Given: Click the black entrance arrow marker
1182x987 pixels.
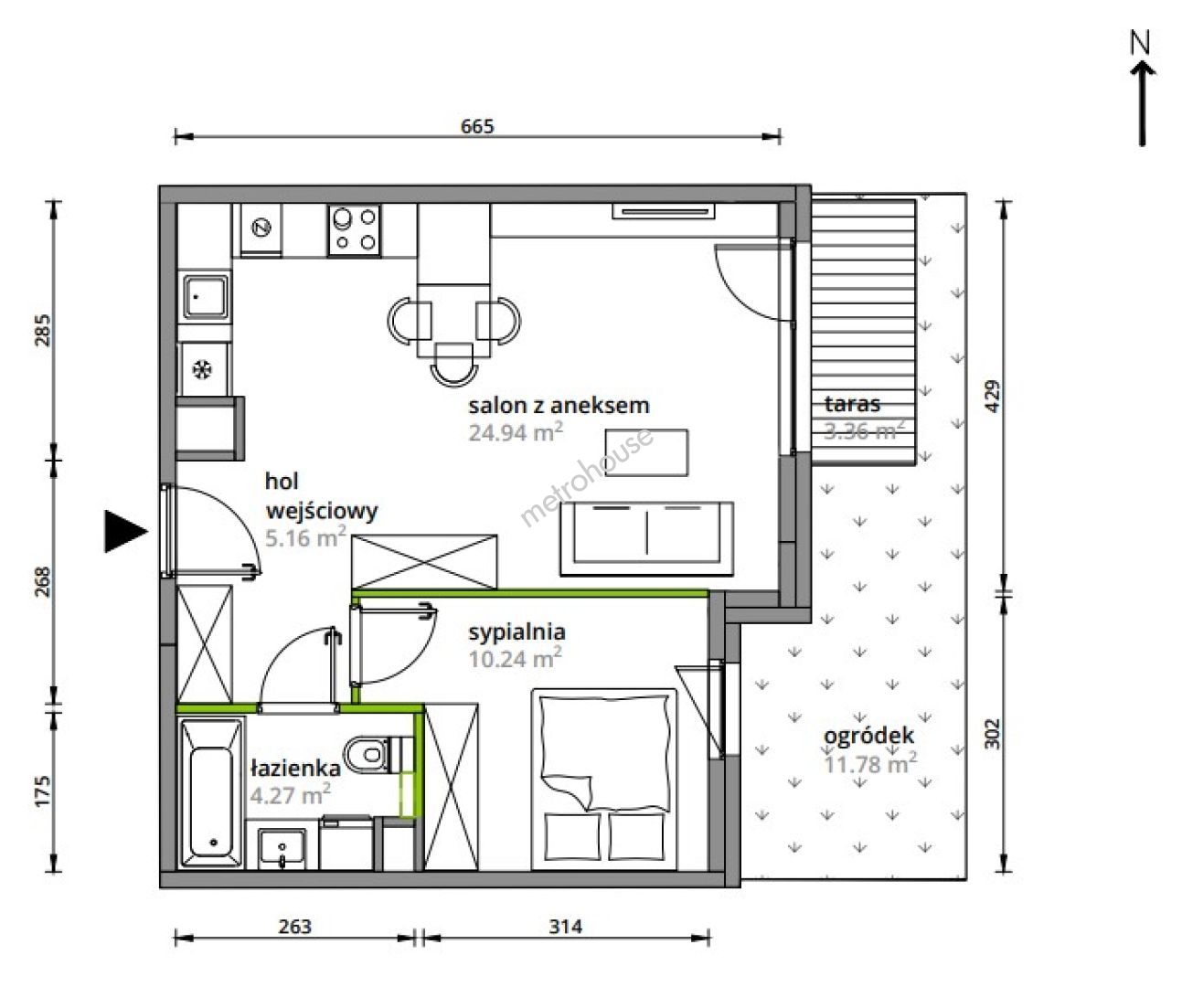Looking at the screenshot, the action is (x=125, y=531).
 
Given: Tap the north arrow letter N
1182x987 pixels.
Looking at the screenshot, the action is (x=1141, y=43).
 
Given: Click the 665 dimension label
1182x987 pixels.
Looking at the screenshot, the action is (x=477, y=126).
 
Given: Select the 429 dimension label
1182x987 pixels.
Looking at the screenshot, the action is (x=993, y=396).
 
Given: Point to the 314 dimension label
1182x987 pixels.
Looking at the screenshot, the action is (x=566, y=927).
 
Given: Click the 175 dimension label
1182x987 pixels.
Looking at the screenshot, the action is (x=42, y=791).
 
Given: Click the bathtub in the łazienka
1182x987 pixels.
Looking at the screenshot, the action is (x=211, y=792).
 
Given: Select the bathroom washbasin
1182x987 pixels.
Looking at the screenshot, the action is (x=282, y=848).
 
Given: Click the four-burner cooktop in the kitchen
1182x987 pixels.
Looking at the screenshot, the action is (x=355, y=230).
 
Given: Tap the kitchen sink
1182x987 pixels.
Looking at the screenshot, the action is (x=205, y=297).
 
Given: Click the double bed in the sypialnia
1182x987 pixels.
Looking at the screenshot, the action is (x=604, y=779).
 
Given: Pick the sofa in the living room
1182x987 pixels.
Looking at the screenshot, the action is (x=646, y=539).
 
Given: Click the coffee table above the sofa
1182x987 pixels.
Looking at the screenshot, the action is (x=646, y=452).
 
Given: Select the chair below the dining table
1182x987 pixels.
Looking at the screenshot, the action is (x=453, y=364).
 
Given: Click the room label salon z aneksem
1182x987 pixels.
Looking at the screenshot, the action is (x=559, y=406).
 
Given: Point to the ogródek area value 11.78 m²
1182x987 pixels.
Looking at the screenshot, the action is (x=870, y=763).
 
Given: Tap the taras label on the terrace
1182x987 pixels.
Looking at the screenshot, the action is (x=852, y=404).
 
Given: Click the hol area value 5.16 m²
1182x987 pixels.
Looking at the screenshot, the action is (x=305, y=537).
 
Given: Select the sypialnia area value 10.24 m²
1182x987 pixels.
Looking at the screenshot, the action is (x=516, y=658).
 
